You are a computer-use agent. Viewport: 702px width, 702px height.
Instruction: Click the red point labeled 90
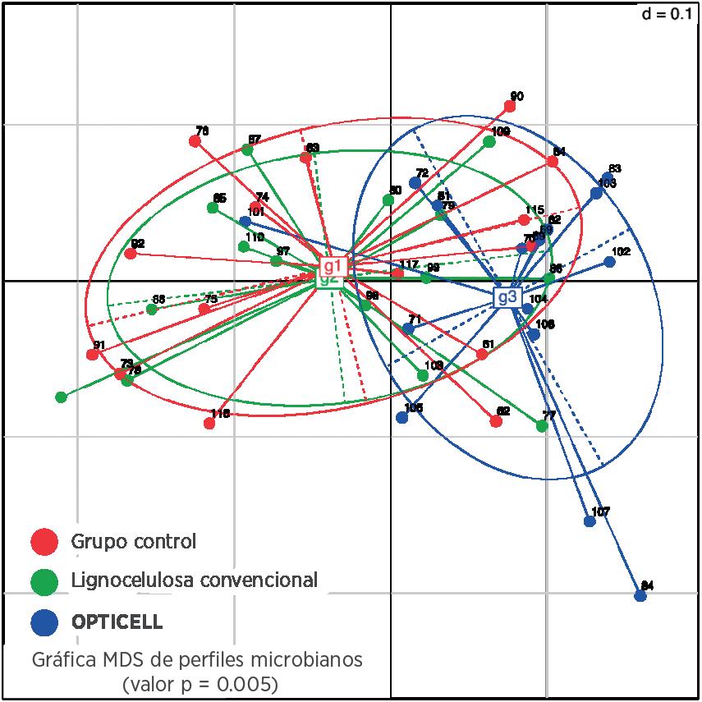coord(510,107)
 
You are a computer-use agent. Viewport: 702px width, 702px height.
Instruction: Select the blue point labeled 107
coord(590,521)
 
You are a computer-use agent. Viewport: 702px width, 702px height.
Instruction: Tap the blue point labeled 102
coord(609,262)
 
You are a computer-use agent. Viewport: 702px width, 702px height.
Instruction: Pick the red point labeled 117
coord(397,273)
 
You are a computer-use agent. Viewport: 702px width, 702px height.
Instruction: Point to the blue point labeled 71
coord(408,329)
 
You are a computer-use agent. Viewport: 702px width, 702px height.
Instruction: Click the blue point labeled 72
coord(415,183)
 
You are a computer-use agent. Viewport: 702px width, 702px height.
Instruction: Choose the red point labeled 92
coord(131,254)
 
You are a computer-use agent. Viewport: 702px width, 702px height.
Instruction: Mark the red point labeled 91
coord(93,355)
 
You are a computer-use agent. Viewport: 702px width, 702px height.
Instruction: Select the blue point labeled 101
coord(245,222)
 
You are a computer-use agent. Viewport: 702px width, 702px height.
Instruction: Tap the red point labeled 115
coord(524,219)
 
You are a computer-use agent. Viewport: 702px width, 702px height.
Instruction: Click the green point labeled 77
coord(542,425)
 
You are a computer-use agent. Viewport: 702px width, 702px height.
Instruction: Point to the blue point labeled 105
coord(402,417)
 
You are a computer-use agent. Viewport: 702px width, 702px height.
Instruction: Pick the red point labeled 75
coord(204,309)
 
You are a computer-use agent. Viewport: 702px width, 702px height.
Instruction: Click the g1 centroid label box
coord(333,266)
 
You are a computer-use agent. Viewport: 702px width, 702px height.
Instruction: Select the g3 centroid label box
coord(507,297)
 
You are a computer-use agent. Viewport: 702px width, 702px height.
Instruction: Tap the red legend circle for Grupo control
coord(44,541)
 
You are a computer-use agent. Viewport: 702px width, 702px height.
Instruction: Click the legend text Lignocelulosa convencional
coord(195,580)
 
